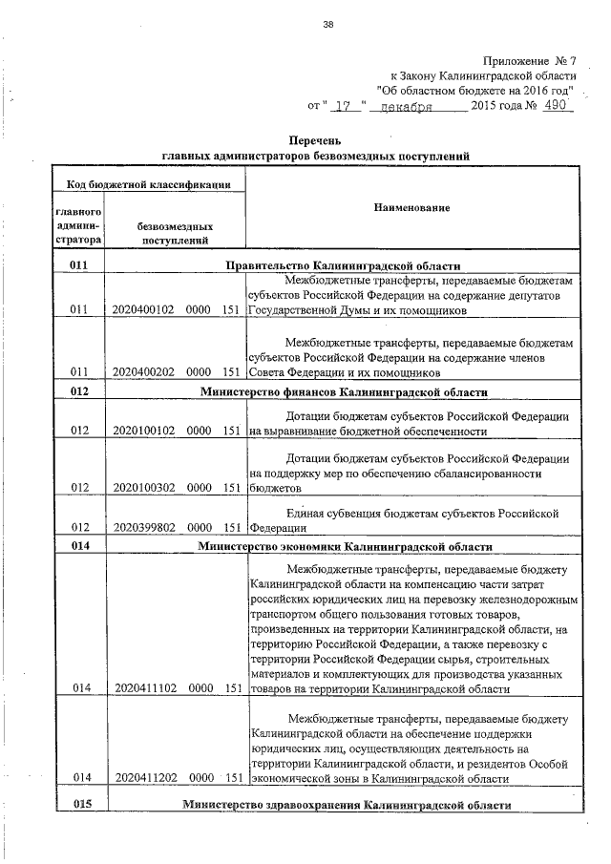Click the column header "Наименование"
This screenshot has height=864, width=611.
click(411, 207)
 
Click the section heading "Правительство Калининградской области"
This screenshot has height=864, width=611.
click(343, 265)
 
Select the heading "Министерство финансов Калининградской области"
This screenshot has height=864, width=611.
click(343, 391)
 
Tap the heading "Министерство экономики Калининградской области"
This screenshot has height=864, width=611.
click(345, 547)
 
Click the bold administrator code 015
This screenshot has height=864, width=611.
click(79, 805)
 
